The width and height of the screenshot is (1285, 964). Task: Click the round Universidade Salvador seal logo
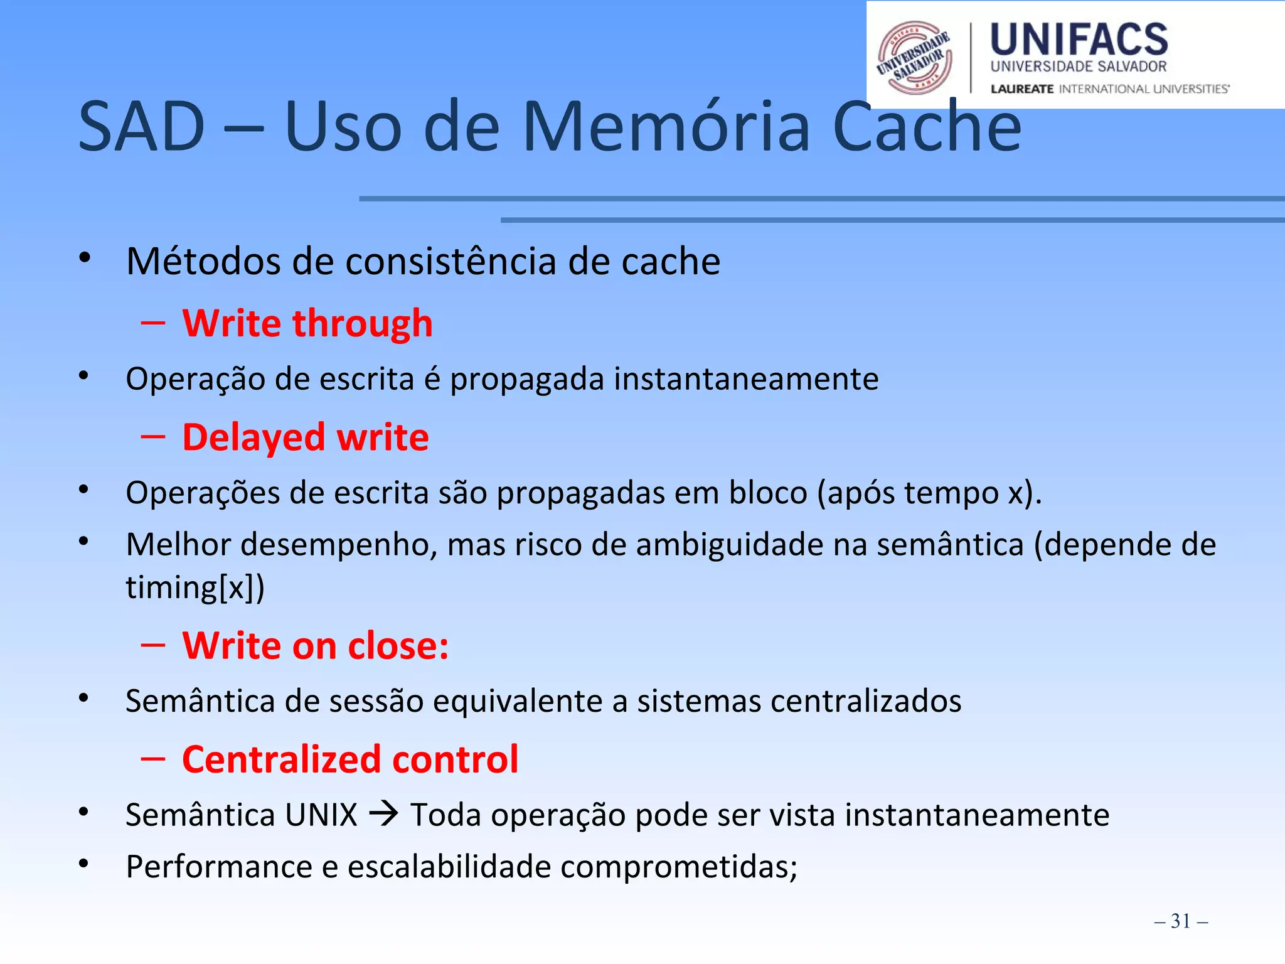pyautogui.click(x=914, y=58)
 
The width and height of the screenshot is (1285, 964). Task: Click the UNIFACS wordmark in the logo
pyautogui.click(x=1079, y=40)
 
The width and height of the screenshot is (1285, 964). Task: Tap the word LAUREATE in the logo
pyautogui.click(x=1021, y=89)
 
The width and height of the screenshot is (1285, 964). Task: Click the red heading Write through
pyautogui.click(x=307, y=324)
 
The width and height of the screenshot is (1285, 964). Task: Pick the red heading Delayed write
pyautogui.click(x=306, y=437)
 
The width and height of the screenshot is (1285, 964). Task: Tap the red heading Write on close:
pyautogui.click(x=316, y=646)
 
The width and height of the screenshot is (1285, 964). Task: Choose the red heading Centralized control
pyautogui.click(x=350, y=759)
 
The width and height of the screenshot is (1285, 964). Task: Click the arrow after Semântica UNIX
pyautogui.click(x=383, y=815)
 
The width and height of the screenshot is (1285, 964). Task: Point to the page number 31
pyautogui.click(x=1180, y=921)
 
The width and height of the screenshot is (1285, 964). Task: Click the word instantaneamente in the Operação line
pyautogui.click(x=746, y=379)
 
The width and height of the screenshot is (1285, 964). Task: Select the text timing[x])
pyautogui.click(x=195, y=588)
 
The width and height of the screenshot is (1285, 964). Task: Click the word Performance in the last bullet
pyautogui.click(x=219, y=867)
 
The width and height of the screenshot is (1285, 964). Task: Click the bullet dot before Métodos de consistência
pyautogui.click(x=85, y=258)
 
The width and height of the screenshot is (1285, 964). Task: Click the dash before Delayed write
pyautogui.click(x=153, y=437)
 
